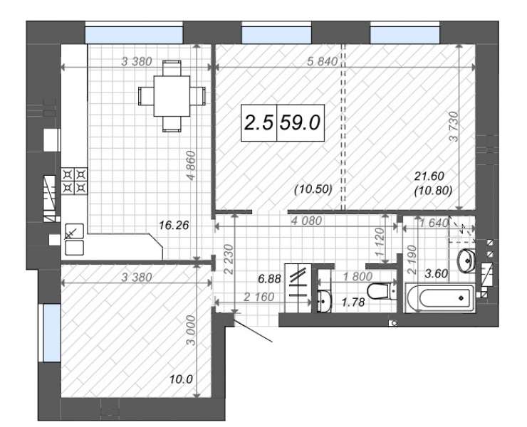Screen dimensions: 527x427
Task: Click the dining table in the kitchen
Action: point(172,96)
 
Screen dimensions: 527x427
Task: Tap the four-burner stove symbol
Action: point(74,181)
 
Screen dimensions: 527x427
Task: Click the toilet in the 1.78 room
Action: point(379,291)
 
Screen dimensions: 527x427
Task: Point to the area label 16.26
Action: point(174,225)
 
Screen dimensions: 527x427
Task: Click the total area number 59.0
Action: point(300,122)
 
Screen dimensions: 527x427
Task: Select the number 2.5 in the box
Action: point(259,122)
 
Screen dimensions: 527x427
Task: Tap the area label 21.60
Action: point(429,176)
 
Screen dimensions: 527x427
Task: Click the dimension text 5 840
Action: point(323,61)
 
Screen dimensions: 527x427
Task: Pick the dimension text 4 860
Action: point(191,166)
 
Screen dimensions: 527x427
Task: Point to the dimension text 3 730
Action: point(454,126)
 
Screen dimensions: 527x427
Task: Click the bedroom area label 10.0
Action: point(181,379)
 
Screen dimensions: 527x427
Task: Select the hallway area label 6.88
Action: point(269,278)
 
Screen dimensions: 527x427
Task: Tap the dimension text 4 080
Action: point(306,221)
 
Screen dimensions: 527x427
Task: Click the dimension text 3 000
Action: point(191,330)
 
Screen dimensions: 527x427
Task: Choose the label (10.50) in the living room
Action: point(313,189)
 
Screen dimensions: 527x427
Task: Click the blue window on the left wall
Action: point(52,332)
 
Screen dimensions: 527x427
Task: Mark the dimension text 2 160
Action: point(259,297)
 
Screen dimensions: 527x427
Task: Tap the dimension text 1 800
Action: point(358,277)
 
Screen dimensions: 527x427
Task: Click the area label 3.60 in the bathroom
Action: point(437,273)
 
